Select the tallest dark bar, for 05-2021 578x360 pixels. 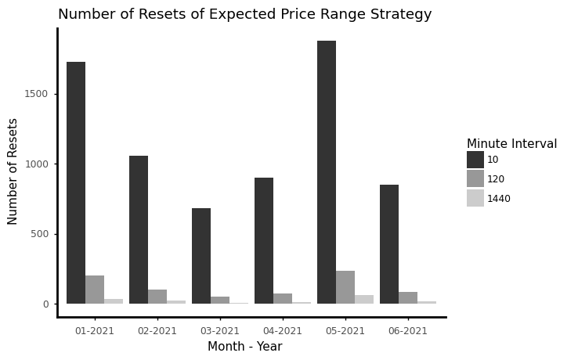click(x=327, y=172)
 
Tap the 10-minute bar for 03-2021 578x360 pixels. click(x=201, y=256)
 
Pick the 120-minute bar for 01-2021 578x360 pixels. click(x=95, y=290)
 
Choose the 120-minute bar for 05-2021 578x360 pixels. click(x=345, y=287)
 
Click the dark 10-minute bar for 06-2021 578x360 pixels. click(x=389, y=244)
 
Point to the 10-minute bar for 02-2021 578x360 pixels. click(x=139, y=229)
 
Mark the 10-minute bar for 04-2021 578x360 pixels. click(x=264, y=240)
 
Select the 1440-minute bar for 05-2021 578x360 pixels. click(x=364, y=300)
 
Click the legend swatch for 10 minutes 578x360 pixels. click(x=475, y=160)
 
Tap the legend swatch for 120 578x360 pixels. click(x=475, y=179)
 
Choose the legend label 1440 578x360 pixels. click(x=499, y=199)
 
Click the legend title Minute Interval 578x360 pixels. click(x=511, y=144)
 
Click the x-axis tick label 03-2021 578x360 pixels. click(x=220, y=331)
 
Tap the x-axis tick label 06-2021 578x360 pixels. click(x=408, y=331)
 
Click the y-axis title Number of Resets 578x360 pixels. click(x=13, y=171)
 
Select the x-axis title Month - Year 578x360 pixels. click(x=244, y=347)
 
